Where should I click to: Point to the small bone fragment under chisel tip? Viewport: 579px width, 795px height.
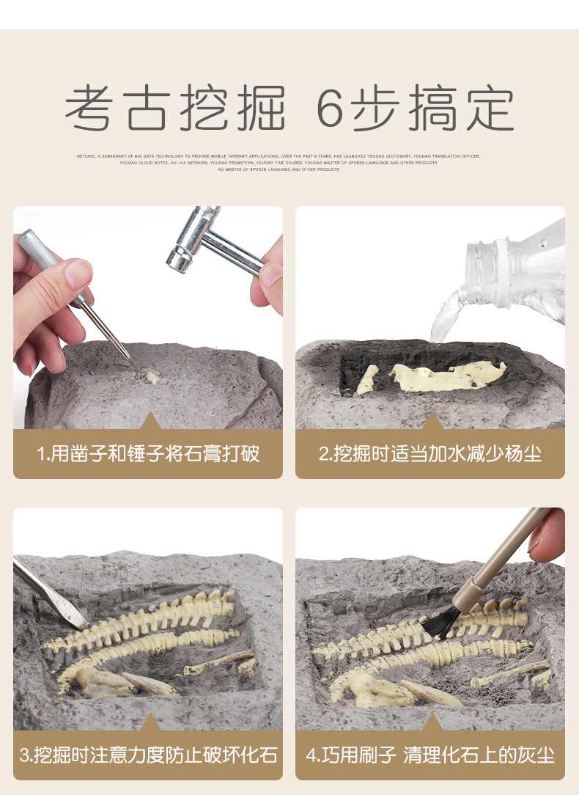coord(152,378)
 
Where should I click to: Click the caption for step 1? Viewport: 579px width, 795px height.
coord(148,453)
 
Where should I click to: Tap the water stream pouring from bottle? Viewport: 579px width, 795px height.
coord(446,315)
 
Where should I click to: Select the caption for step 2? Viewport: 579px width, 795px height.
coord(430,453)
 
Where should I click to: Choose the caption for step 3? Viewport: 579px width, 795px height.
coord(148,754)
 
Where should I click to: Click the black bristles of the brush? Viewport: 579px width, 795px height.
coord(441,623)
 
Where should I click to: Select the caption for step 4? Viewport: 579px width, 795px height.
coord(430,754)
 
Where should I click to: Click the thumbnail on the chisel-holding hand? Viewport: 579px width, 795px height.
coord(78,274)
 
